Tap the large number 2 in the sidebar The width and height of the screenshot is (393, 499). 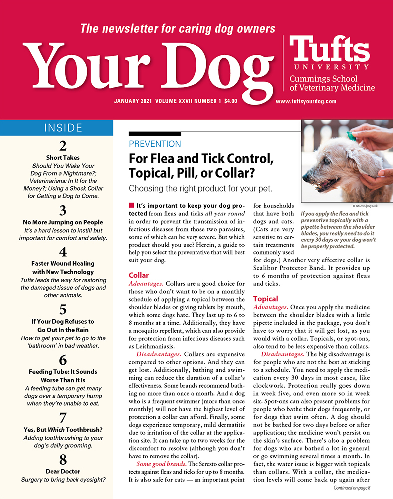point(63,146)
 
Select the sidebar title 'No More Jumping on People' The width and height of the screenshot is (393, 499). point(63,222)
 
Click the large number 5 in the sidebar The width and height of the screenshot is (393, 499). point(63,308)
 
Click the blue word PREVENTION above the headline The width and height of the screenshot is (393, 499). point(155,144)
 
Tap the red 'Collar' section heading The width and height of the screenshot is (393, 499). point(139,275)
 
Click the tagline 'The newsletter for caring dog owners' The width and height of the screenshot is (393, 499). point(178,28)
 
